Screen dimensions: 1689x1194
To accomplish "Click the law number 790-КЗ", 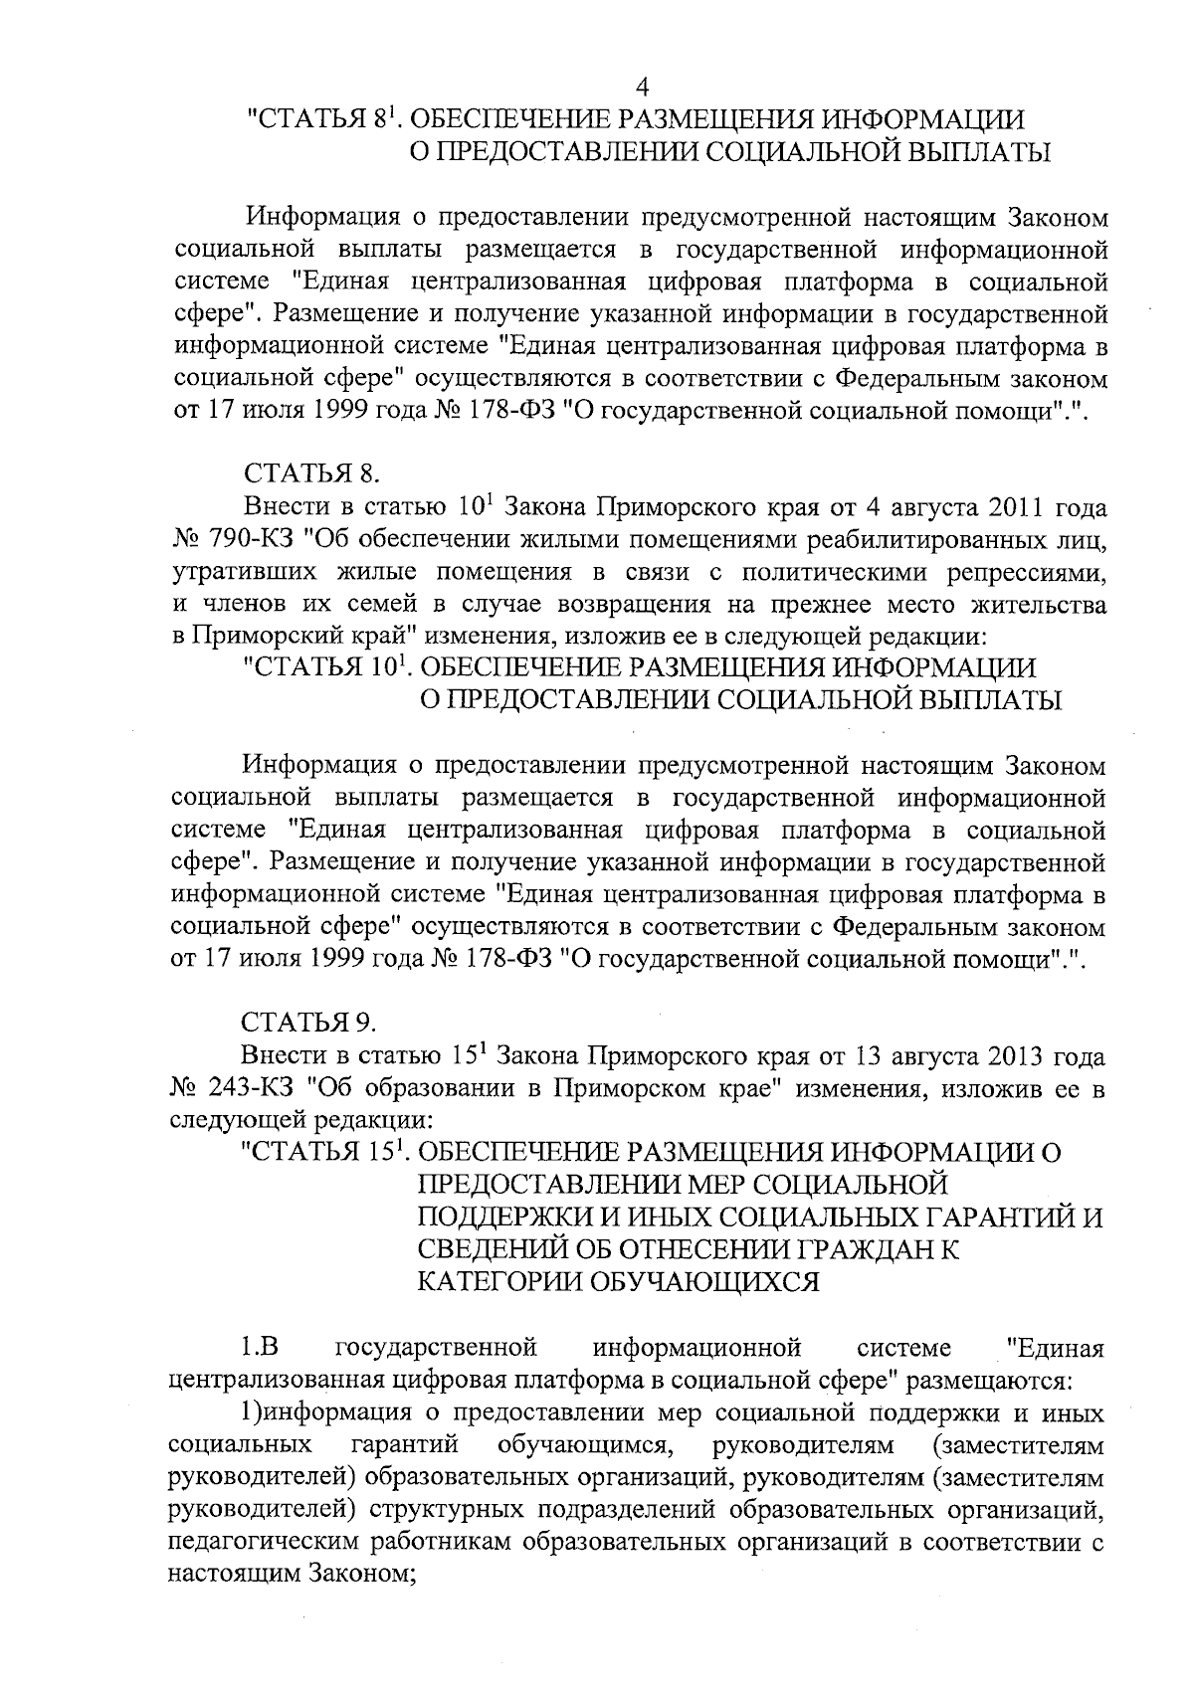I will point(252,540).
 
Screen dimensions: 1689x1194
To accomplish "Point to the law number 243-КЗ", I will point(252,1089).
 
